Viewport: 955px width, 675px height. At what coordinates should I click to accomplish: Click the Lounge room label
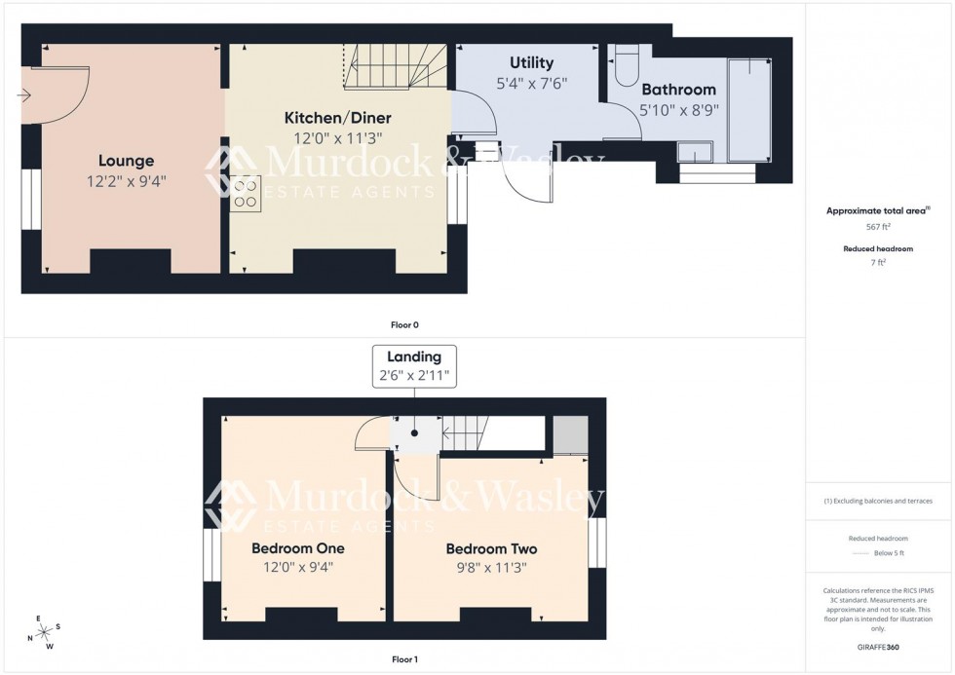(x=126, y=161)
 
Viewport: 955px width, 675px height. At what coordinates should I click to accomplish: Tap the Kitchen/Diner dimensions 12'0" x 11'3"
(x=337, y=138)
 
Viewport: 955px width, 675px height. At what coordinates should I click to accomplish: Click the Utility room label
(x=531, y=63)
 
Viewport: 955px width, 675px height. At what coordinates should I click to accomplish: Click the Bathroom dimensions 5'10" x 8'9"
(x=677, y=110)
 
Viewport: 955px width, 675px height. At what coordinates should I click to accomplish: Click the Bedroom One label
(x=297, y=548)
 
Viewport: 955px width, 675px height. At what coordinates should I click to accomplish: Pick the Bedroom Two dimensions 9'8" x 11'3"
(x=491, y=568)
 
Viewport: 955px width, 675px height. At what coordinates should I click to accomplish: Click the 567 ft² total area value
(x=879, y=226)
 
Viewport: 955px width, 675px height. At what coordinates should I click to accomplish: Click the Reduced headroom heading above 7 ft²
(x=879, y=249)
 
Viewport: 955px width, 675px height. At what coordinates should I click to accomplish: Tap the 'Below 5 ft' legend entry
(x=888, y=553)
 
